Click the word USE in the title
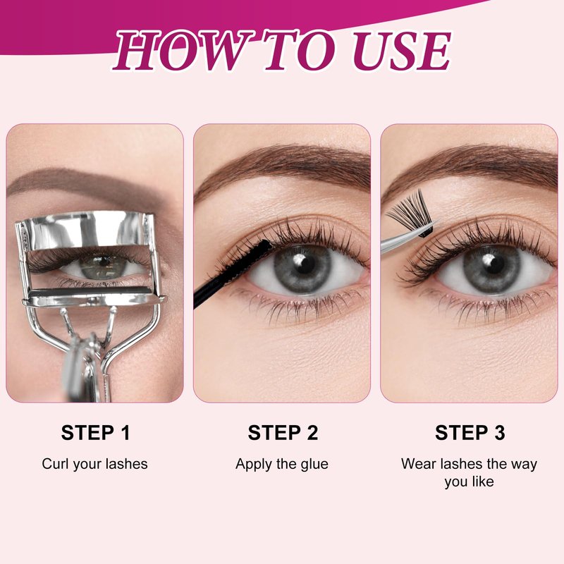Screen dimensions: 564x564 402,50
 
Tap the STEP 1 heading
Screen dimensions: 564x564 95,432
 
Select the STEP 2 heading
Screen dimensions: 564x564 283,432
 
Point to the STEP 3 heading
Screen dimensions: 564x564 470,432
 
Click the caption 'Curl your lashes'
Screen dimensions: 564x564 94,464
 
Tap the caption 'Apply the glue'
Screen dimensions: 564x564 281,464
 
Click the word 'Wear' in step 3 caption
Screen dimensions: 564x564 417,464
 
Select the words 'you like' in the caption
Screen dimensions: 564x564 469,482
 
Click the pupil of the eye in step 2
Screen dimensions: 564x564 302,265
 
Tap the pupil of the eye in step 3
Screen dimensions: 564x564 491,266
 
